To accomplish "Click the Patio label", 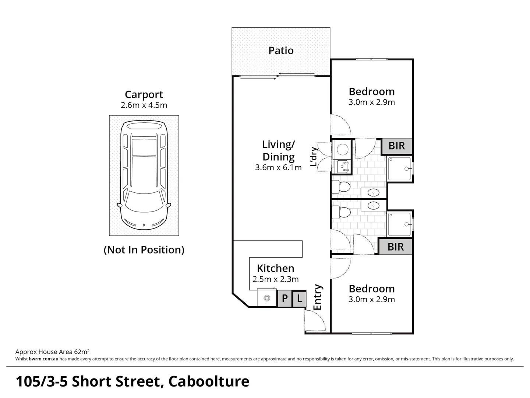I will pos(281,50).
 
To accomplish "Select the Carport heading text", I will pos(144,95).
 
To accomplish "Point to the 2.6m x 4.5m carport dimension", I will pos(144,105).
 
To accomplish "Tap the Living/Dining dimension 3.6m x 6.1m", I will pos(278,168).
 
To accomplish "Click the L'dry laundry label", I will pos(314,157).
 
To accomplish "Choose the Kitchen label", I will pos(275,268).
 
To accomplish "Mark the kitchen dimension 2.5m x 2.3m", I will pos(275,279).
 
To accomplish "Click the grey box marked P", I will pos(285,298).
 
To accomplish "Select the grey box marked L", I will pos(300,298).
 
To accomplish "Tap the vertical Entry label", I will pos(317,297).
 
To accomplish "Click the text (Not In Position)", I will pos(144,250).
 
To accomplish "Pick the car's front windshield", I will pos(144,205).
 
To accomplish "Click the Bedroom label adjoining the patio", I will pos(371,91).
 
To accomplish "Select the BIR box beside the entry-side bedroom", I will pos(396,247).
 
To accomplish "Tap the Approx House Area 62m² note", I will pos(53,352).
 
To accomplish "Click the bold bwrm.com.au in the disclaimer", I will pos(43,359).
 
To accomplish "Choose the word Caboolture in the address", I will pos(209,381).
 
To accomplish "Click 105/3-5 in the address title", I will pos(41,381).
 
